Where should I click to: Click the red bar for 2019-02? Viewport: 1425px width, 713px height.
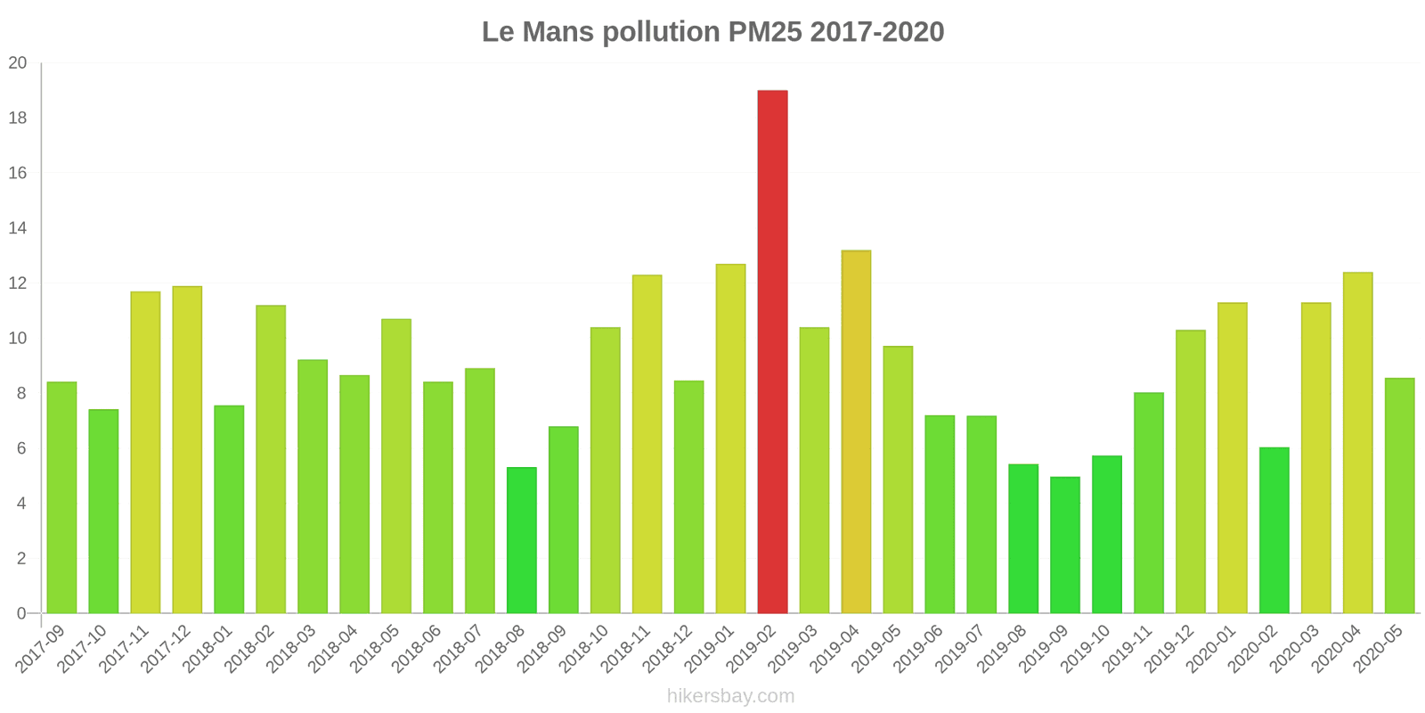tap(772, 352)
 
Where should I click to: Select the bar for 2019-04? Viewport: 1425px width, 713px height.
tap(856, 432)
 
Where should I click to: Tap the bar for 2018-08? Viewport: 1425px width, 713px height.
tap(522, 540)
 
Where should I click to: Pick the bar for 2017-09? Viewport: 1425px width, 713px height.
tap(61, 497)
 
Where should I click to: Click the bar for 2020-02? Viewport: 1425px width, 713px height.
tap(1274, 530)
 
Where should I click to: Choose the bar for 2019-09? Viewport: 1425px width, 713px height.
tap(1064, 545)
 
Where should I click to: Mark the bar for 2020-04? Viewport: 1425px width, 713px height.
tap(1357, 443)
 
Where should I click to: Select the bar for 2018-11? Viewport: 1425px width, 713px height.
tap(647, 444)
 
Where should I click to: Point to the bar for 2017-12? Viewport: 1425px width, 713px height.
tap(187, 449)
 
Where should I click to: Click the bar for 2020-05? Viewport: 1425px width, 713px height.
tap(1399, 496)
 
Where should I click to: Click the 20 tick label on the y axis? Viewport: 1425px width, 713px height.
tap(18, 63)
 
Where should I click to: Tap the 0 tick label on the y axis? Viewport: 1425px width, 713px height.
tap(21, 613)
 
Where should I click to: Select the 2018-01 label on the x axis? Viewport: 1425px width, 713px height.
tap(208, 649)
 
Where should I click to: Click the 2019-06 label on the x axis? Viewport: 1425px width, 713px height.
tap(919, 649)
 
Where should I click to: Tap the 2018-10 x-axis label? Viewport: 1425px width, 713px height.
tap(584, 649)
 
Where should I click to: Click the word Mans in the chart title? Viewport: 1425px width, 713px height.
tap(558, 32)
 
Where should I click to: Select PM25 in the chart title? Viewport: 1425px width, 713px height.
tap(764, 32)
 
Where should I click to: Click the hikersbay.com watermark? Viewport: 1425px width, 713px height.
tap(730, 696)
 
